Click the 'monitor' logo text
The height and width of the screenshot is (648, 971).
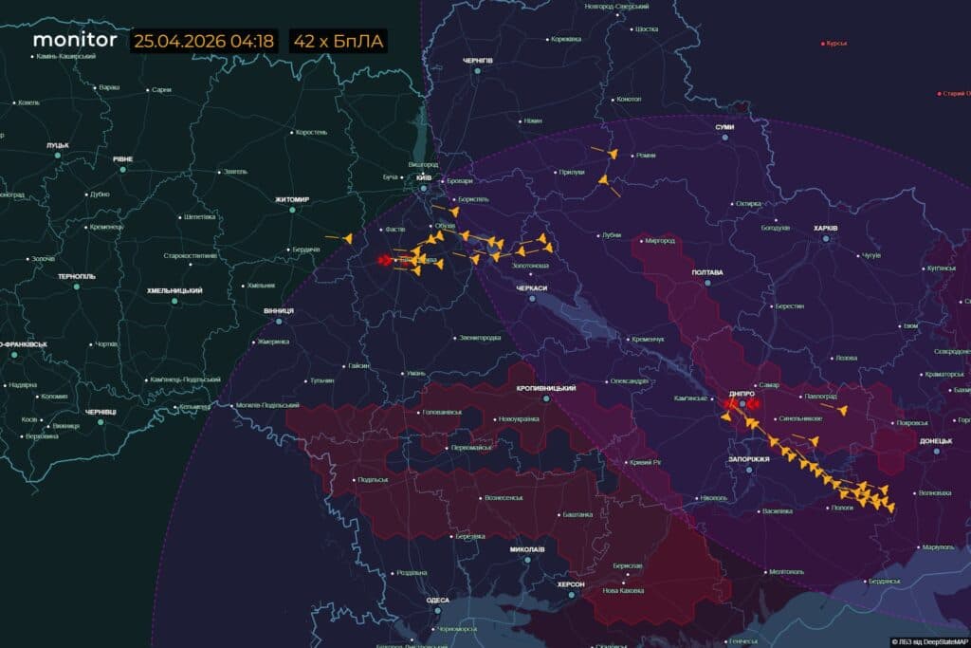click(x=75, y=40)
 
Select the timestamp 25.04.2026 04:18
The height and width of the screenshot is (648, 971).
click(x=204, y=41)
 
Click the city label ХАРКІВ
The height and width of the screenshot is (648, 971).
click(x=826, y=228)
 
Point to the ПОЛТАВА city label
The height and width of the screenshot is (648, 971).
click(x=707, y=272)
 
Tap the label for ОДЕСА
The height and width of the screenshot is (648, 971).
click(x=438, y=600)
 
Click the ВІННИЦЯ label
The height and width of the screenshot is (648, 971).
click(x=279, y=310)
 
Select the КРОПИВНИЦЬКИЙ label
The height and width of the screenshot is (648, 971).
click(x=546, y=388)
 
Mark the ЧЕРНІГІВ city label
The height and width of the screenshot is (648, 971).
click(x=478, y=60)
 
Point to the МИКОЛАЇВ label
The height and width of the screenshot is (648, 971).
click(x=527, y=549)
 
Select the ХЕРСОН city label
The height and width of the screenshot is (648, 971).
click(x=571, y=584)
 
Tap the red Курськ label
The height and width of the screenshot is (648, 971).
click(x=836, y=43)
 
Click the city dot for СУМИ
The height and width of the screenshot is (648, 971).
click(x=725, y=138)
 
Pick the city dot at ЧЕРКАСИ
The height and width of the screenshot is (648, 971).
click(x=532, y=298)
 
